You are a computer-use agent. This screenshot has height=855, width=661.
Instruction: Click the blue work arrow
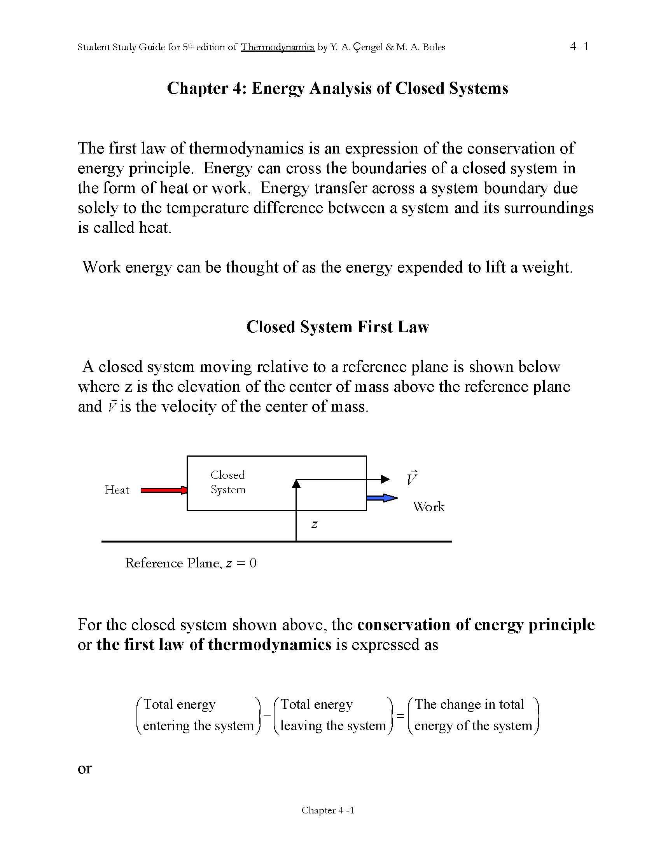click(x=381, y=498)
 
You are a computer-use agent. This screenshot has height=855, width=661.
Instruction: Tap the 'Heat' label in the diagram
click(x=117, y=490)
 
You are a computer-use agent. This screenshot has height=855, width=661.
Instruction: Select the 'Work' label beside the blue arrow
click(x=428, y=506)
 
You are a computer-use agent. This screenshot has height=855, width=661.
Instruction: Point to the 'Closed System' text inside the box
click(x=228, y=482)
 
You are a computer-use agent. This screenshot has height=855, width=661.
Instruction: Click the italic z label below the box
click(x=314, y=524)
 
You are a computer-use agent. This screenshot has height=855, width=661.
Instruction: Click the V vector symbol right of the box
click(x=411, y=478)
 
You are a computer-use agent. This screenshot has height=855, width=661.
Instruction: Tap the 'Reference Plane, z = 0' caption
click(x=191, y=563)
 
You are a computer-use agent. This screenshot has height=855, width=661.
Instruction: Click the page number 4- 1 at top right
click(x=579, y=47)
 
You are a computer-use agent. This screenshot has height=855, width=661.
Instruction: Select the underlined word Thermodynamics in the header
click(x=277, y=47)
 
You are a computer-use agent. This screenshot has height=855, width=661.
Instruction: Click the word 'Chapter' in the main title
click(x=197, y=89)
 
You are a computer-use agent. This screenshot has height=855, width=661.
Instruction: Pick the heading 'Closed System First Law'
click(x=337, y=327)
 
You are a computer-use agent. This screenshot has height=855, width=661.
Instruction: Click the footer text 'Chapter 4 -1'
click(x=328, y=810)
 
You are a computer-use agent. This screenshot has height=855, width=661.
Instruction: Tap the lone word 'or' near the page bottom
click(x=85, y=768)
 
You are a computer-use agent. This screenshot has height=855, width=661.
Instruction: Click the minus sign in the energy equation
click(x=267, y=715)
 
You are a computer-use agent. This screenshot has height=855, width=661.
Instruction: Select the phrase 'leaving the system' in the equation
click(x=333, y=726)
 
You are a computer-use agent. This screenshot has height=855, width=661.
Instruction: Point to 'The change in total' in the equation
click(x=469, y=704)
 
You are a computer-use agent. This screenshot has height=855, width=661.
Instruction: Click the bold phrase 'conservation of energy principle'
click(x=476, y=625)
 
